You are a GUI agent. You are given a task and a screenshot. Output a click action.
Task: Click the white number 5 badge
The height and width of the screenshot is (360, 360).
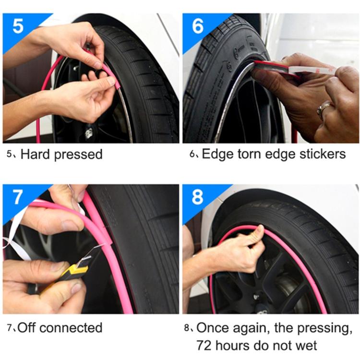[x=18, y=26]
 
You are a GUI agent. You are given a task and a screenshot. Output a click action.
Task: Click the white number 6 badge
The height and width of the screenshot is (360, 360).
[x=198, y=26]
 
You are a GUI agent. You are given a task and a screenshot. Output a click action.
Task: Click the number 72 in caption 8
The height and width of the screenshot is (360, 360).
[x=204, y=345]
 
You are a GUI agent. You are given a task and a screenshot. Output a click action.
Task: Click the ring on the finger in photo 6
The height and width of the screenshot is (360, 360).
[x=323, y=110]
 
